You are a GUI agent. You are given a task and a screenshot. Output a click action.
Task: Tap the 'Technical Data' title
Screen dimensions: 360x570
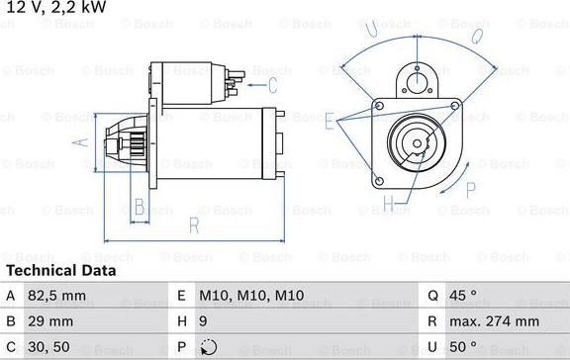tap(60, 270)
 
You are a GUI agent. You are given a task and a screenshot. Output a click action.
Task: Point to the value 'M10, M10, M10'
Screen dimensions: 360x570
tap(250, 294)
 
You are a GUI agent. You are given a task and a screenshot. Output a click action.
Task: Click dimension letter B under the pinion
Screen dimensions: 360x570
tap(140, 207)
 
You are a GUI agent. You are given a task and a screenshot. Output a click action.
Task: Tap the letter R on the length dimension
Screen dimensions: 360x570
tap(194, 226)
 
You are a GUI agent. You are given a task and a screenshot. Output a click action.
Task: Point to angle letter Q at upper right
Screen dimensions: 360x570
tap(476, 36)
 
